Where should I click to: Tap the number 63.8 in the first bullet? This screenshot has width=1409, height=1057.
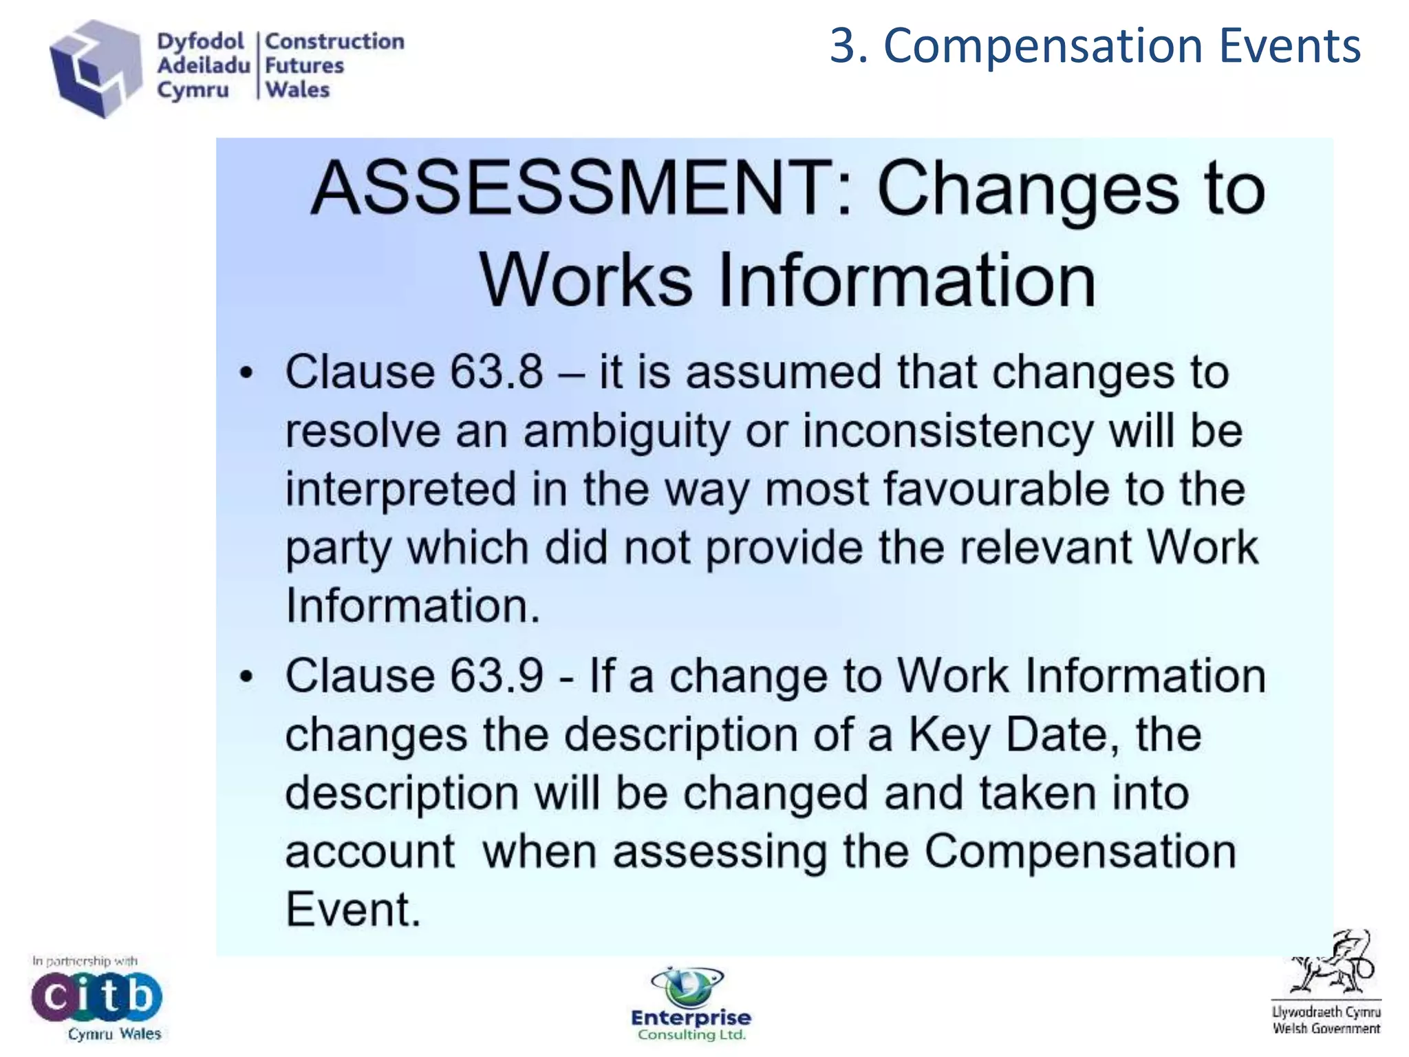pyautogui.click(x=496, y=372)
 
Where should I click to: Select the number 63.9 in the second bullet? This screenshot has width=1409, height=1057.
pyautogui.click(x=496, y=676)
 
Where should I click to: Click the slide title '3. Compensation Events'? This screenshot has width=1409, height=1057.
pyautogui.click(x=1095, y=45)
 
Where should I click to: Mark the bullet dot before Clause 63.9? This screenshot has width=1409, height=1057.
pyautogui.click(x=246, y=678)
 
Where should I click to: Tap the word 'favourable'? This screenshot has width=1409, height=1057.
pyautogui.click(x=996, y=489)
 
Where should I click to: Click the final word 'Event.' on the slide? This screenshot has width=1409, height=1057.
pyautogui.click(x=353, y=910)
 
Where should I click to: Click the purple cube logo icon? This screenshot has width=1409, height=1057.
pyautogui.click(x=95, y=69)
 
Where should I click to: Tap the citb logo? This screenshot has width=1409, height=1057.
pyautogui.click(x=96, y=996)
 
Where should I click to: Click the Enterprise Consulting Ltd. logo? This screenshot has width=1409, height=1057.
pyautogui.click(x=691, y=1005)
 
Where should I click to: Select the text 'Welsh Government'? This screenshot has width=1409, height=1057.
pyautogui.click(x=1326, y=1029)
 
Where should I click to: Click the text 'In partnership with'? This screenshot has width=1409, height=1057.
pyautogui.click(x=85, y=961)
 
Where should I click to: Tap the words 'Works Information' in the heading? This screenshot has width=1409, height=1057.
pyautogui.click(x=787, y=281)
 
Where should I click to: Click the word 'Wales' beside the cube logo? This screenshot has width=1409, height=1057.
pyautogui.click(x=298, y=90)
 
